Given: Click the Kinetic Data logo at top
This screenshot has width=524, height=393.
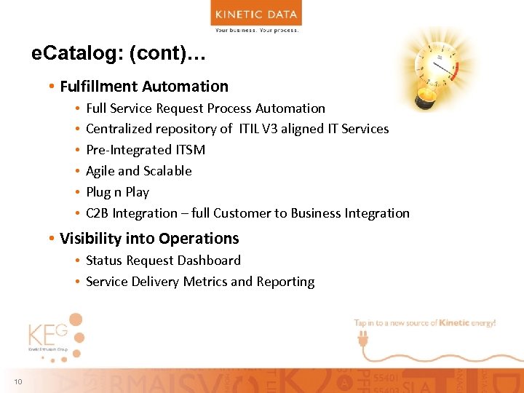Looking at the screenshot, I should point(256,13).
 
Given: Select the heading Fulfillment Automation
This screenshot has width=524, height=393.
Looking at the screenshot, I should point(144,87).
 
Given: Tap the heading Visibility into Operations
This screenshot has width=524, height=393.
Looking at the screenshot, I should point(149,239).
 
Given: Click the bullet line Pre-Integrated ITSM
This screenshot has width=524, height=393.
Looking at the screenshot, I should point(146,150).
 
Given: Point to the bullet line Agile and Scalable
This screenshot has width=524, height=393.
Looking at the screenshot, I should point(139,171).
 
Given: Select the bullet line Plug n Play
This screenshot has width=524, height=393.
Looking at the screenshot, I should point(117,192).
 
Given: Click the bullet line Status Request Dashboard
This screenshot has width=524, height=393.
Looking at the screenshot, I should point(163,261).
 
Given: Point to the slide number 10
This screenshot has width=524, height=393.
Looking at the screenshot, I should point(17,383).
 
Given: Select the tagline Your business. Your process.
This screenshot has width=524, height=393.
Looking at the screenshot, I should point(256,30).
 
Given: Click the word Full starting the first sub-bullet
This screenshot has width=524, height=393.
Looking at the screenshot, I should point(97,108).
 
